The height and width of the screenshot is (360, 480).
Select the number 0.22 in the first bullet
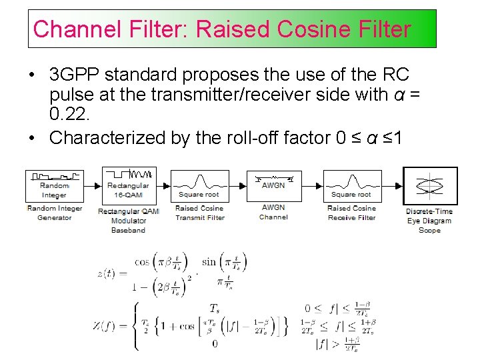(69, 115)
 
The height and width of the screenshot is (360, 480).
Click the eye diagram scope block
(430, 185)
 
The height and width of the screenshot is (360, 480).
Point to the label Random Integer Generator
(54, 213)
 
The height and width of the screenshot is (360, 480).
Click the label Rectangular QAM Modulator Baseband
(129, 220)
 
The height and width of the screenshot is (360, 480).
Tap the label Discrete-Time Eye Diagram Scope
(429, 221)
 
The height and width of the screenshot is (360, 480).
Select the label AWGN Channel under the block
(273, 212)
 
